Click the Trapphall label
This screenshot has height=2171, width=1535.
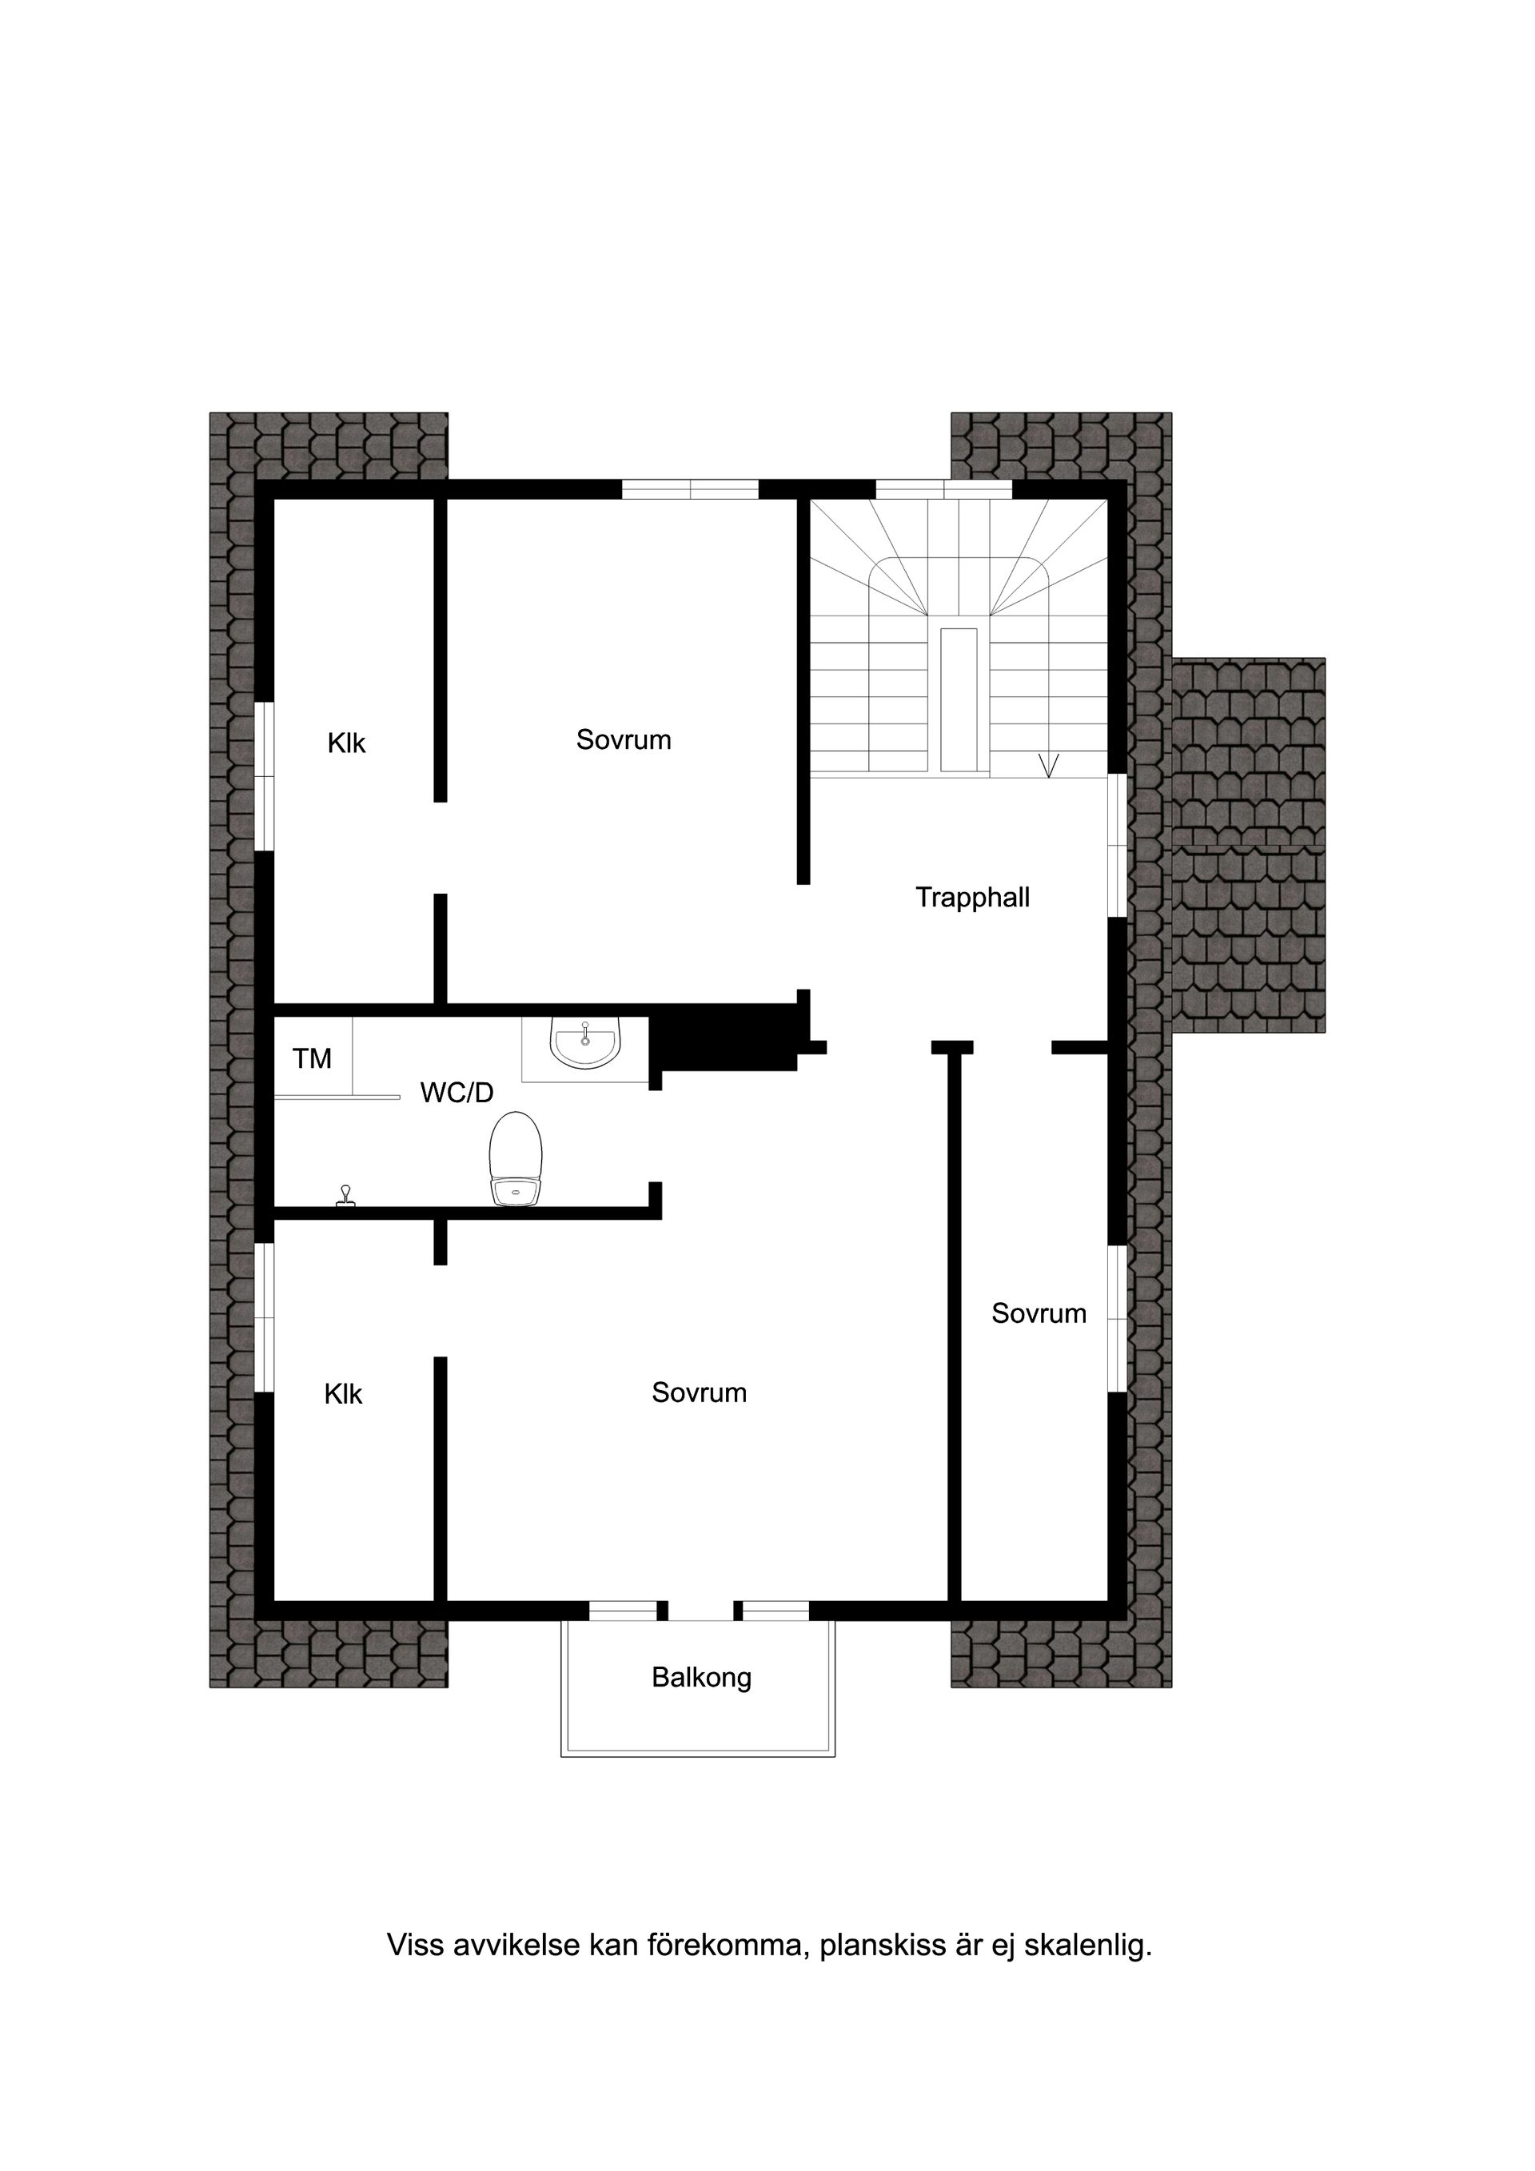pos(972,898)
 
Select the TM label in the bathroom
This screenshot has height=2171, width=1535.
pos(312,1059)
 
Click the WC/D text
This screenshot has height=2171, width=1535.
pos(457,1093)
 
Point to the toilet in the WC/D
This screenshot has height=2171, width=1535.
pos(516,1159)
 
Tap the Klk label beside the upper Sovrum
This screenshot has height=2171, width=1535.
pos(346,743)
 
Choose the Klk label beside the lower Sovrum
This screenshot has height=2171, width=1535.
pos(343,1394)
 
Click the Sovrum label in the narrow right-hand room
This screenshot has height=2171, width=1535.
pos(1039,1313)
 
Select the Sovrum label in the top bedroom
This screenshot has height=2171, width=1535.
pos(624,739)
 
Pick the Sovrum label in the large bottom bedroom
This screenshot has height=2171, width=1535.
pos(699,1392)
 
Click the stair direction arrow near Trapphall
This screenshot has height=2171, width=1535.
pos(1048,765)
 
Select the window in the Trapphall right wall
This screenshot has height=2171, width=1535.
pos(1117,846)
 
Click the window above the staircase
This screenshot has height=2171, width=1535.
pos(944,489)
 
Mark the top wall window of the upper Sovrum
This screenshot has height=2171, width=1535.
pos(691,489)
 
